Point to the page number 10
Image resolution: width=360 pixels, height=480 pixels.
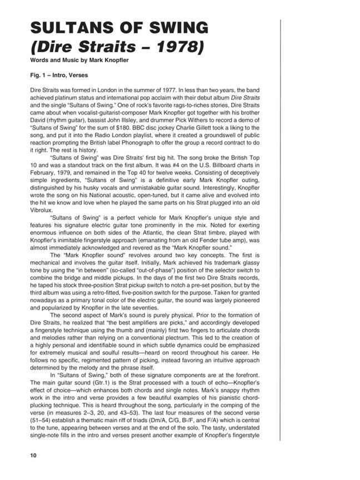[x=34, y=455]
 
